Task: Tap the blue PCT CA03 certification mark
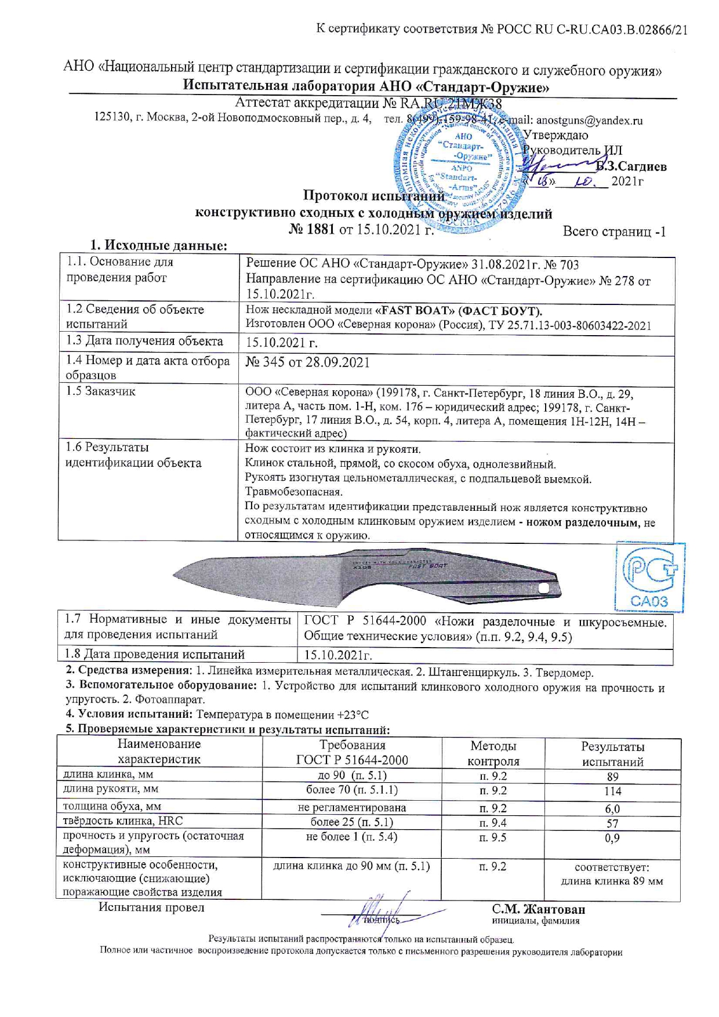coord(649,577)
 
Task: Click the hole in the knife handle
coord(544,588)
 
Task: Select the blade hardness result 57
coord(612,823)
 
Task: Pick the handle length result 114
coord(612,791)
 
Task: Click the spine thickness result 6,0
coord(612,808)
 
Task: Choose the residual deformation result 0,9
coord(612,838)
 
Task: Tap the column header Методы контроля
coord(493,753)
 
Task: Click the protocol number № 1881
coord(312,230)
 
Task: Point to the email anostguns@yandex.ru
coord(589,121)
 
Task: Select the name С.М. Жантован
coord(538,909)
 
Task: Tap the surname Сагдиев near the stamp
coord(636,167)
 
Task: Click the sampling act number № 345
coord(265,362)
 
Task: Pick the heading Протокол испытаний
coord(374,196)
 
